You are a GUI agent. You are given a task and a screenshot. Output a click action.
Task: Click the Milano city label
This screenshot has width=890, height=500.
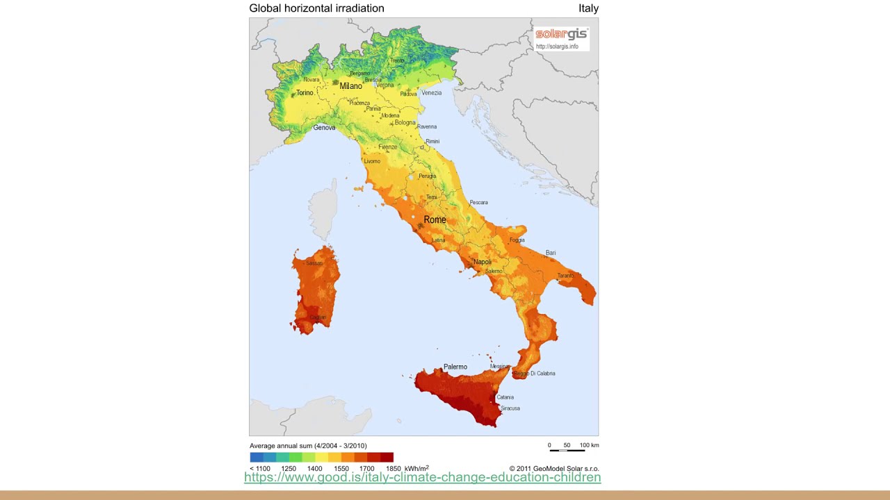click(x=350, y=86)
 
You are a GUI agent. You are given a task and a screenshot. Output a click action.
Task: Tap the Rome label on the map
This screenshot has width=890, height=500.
click(x=435, y=219)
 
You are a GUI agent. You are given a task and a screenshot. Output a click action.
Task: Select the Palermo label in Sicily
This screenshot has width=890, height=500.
click(x=455, y=367)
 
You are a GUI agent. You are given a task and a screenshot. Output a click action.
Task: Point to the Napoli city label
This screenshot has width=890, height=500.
click(x=482, y=262)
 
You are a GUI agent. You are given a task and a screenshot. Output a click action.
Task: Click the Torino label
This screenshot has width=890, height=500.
click(x=305, y=92)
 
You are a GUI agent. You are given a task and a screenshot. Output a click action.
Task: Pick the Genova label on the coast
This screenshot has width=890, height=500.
click(x=324, y=128)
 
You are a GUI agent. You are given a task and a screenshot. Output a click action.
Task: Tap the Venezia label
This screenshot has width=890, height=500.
click(x=431, y=93)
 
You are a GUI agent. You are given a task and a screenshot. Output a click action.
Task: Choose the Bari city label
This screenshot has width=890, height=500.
click(x=551, y=253)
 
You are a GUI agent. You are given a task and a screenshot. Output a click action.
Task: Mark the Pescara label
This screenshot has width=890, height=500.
click(x=478, y=203)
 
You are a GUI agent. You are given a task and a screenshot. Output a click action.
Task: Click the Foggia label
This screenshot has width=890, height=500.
click(x=517, y=240)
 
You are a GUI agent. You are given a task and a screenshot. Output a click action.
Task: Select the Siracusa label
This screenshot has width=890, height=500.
click(x=510, y=408)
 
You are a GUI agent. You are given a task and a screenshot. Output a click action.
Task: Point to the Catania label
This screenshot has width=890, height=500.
click(x=505, y=397)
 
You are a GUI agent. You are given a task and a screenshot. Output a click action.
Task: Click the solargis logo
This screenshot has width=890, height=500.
click(x=561, y=34)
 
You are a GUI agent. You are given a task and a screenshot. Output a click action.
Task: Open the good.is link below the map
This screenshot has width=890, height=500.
click(x=422, y=477)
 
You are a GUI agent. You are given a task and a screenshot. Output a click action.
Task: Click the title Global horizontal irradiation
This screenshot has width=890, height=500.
click(x=316, y=8)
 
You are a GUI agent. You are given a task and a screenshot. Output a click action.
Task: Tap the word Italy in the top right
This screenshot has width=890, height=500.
click(x=588, y=8)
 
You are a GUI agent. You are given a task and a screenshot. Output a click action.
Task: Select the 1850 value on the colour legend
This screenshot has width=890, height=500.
click(x=393, y=469)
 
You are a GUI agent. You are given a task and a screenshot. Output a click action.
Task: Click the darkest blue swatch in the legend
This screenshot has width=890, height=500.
click(x=256, y=457)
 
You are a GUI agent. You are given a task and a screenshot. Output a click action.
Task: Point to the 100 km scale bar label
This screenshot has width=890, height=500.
click(x=589, y=445)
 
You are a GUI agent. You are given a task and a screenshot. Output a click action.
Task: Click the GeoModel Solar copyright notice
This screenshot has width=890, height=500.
click(x=553, y=469)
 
